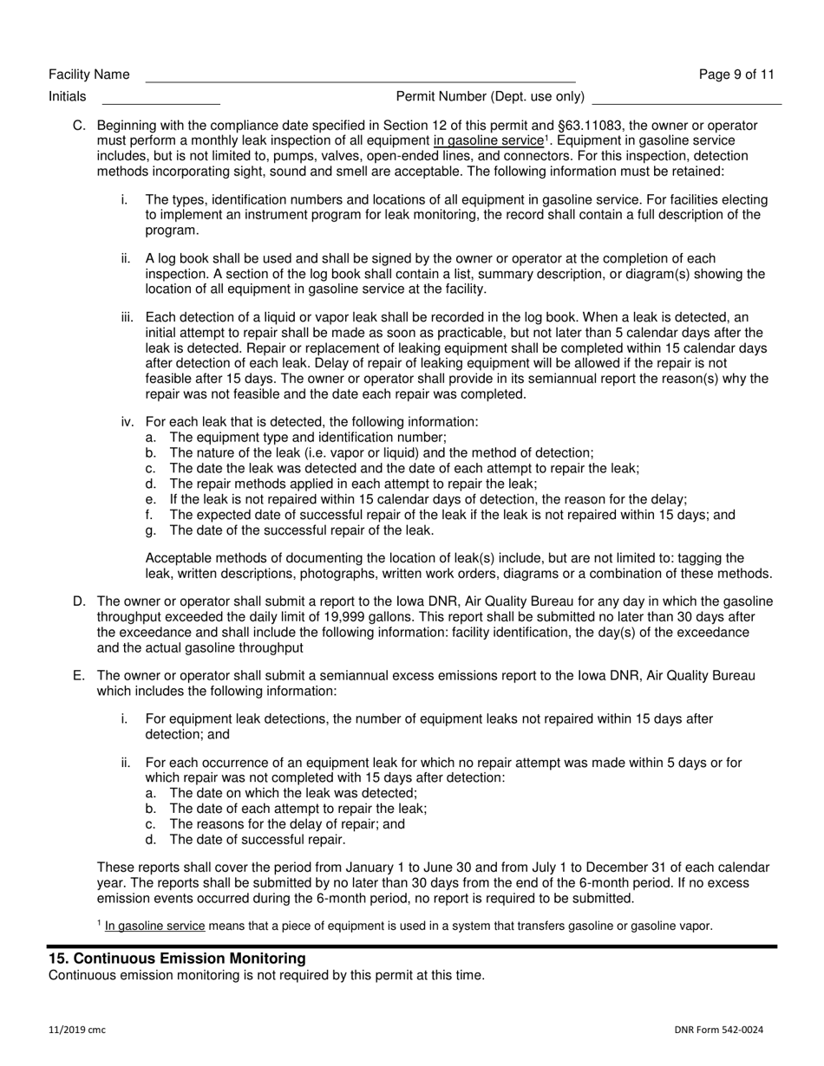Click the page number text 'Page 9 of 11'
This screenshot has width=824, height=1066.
click(x=736, y=75)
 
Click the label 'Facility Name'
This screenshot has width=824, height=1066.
click(x=89, y=75)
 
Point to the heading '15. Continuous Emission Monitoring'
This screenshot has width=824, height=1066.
click(x=177, y=959)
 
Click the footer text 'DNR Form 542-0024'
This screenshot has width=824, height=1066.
click(x=718, y=1030)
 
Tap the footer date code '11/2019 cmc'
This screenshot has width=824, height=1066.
click(x=77, y=1030)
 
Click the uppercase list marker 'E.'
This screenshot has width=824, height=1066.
click(x=79, y=676)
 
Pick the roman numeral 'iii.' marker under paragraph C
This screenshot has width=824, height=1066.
click(x=129, y=317)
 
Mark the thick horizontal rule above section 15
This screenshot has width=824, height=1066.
click(x=412, y=946)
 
